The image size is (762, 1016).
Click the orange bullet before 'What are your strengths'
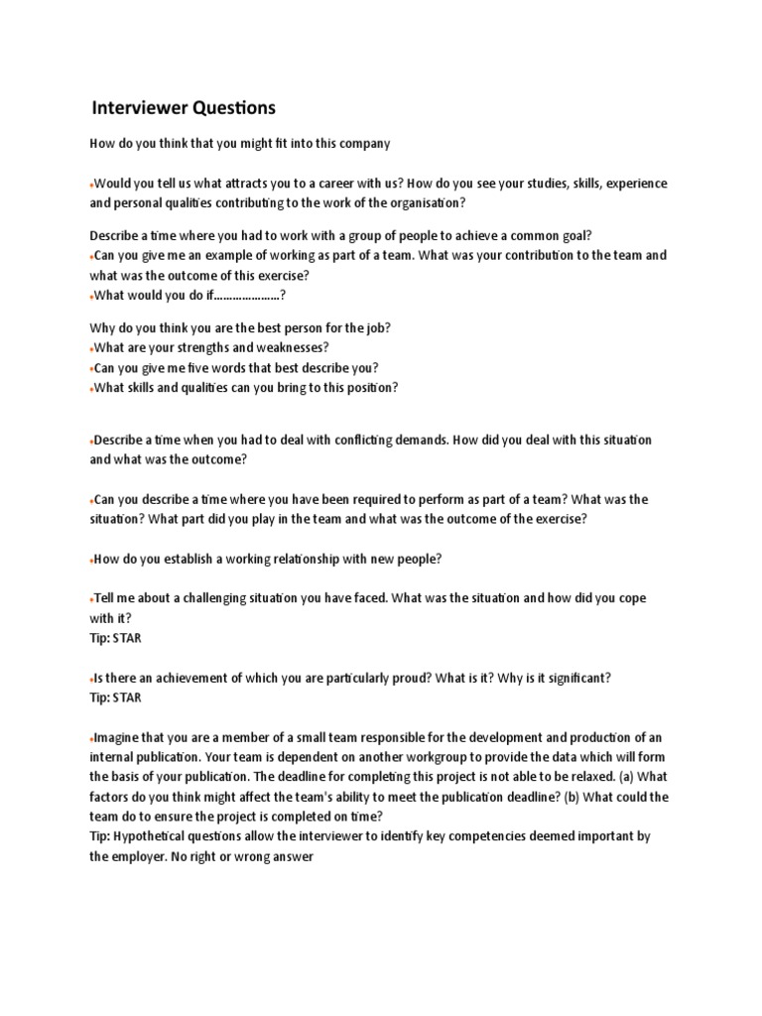[90, 349]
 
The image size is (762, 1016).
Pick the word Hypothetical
[159, 836]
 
